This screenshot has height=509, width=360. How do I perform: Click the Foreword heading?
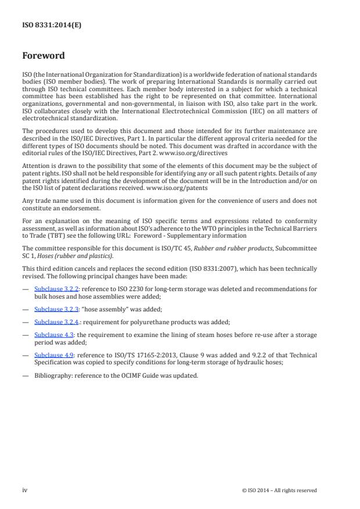[x=44, y=56]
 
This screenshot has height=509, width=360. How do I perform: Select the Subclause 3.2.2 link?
[x=53, y=288]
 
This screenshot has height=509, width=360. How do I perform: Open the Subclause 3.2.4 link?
[x=53, y=322]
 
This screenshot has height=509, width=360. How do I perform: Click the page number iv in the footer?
[x=24, y=490]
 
